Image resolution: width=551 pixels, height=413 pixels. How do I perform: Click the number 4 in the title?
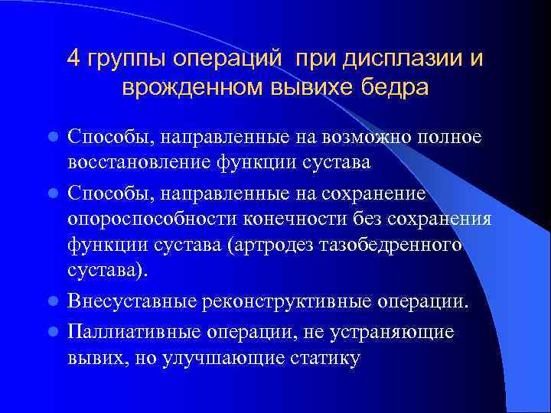click(x=73, y=59)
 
